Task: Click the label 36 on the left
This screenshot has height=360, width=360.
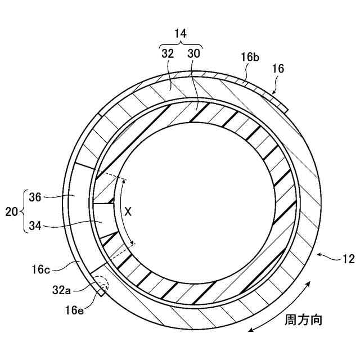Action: pos(35,196)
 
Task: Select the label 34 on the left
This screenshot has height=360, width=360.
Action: pos(35,227)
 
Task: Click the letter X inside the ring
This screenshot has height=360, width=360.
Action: pos(128,211)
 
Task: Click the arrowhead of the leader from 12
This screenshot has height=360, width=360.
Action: pos(319,255)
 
